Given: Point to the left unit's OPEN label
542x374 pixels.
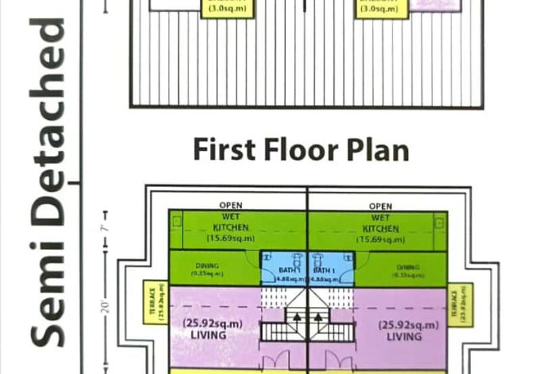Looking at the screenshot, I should click(230, 205).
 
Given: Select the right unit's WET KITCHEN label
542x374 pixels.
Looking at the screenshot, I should click(381, 223).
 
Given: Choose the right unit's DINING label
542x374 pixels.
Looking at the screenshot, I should click(408, 268).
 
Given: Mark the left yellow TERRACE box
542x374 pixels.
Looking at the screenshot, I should click(156, 302).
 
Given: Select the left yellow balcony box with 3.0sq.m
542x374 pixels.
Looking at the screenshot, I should click(228, 7).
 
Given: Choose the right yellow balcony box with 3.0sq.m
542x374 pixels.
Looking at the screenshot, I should click(382, 7).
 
